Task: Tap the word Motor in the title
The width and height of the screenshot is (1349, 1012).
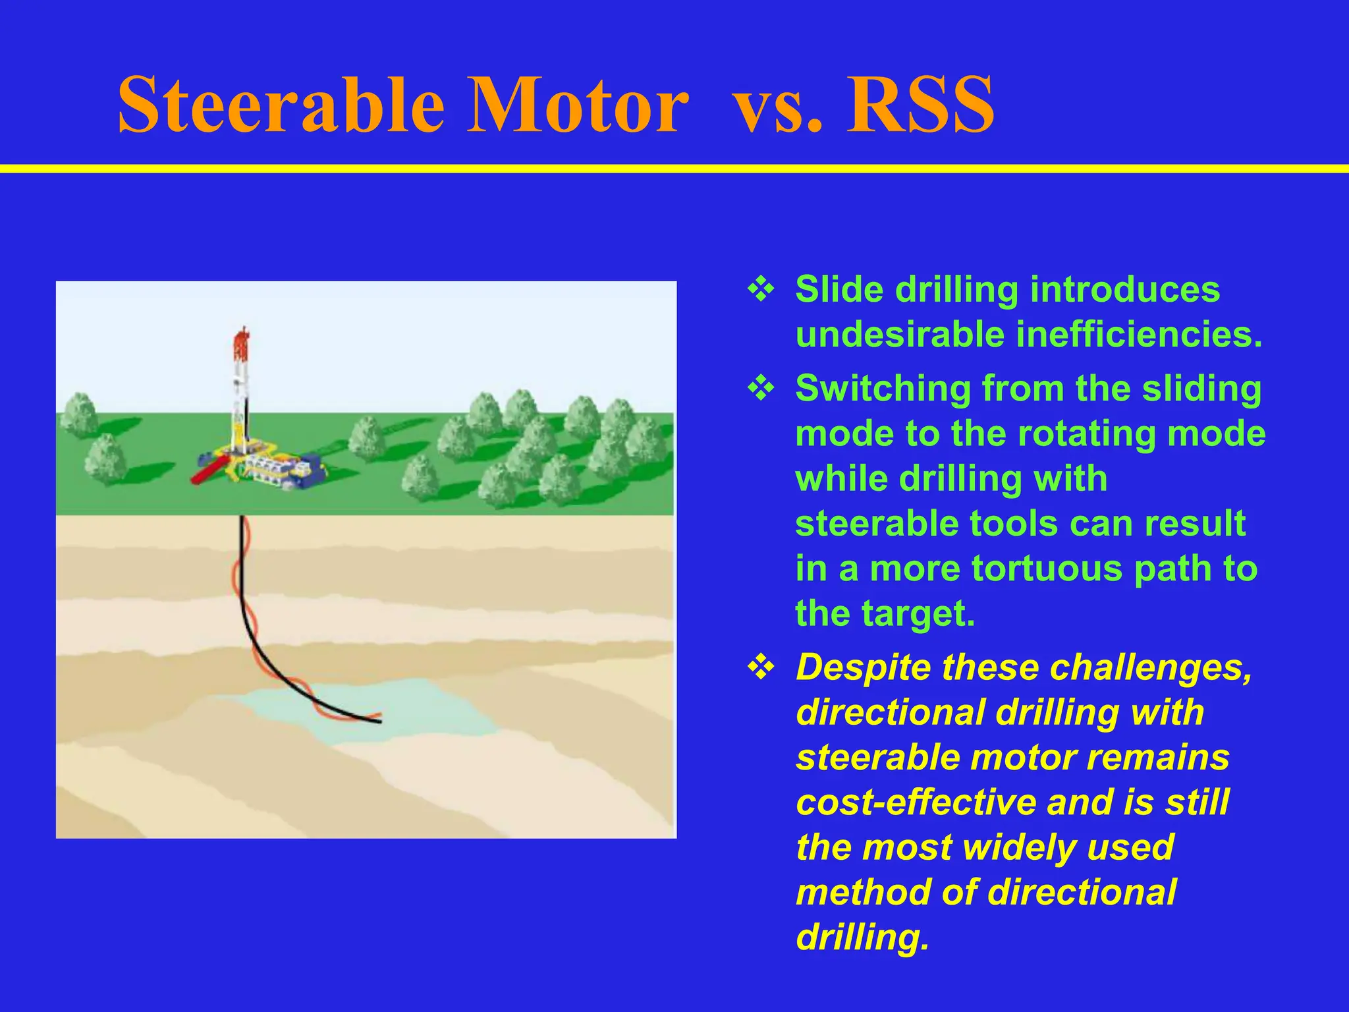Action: [578, 105]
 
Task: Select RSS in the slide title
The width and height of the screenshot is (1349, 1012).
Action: [921, 105]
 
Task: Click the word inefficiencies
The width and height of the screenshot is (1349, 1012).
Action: [1139, 335]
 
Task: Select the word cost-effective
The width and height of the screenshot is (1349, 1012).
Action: [915, 802]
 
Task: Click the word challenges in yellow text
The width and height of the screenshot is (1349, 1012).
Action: [1151, 668]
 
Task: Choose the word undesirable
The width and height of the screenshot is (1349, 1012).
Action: [899, 335]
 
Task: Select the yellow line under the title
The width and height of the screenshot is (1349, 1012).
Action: [674, 169]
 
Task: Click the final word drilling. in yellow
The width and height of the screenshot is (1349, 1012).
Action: [862, 937]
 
